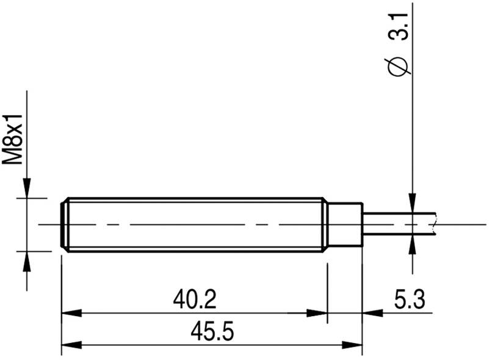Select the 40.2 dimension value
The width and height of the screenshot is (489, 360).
[x=194, y=300]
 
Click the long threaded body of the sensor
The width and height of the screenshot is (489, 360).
[x=195, y=224]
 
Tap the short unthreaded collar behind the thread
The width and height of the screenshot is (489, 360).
[x=346, y=224]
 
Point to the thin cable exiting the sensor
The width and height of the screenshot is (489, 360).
[x=397, y=224]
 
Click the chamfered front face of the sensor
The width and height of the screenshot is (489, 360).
[x=65, y=224]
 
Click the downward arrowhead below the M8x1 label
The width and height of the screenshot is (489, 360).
[x=26, y=188]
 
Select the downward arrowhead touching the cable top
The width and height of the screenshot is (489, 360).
[x=413, y=203]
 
